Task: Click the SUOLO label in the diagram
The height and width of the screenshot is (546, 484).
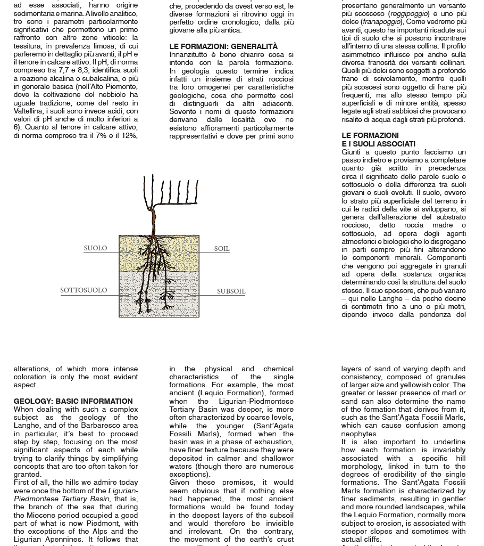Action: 95,248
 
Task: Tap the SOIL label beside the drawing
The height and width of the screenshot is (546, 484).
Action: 222,249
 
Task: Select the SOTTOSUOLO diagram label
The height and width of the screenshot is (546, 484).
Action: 84,290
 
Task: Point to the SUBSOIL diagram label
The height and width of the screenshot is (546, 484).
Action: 231,291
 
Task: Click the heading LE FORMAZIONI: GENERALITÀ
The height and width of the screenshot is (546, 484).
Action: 223,46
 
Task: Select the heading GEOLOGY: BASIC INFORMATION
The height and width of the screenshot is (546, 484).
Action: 73,401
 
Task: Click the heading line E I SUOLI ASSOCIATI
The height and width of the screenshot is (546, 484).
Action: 378,144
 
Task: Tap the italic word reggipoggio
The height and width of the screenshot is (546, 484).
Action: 410,14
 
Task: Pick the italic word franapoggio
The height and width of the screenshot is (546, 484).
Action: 381,22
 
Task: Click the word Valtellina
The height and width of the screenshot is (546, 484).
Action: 31,111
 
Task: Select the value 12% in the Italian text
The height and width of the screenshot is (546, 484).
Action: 130,136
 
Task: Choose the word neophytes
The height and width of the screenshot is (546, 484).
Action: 360,434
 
